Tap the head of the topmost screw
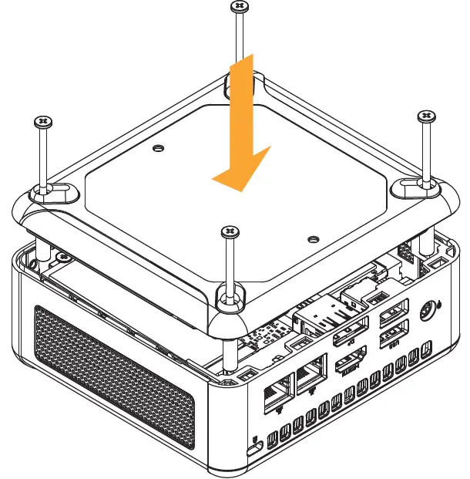pyautogui.click(x=239, y=7)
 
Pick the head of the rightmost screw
pyautogui.click(x=426, y=116)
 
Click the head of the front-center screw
pyautogui.click(x=229, y=231)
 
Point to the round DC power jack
pyautogui.click(x=426, y=312)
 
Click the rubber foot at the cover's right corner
pyautogui.click(x=416, y=184)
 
